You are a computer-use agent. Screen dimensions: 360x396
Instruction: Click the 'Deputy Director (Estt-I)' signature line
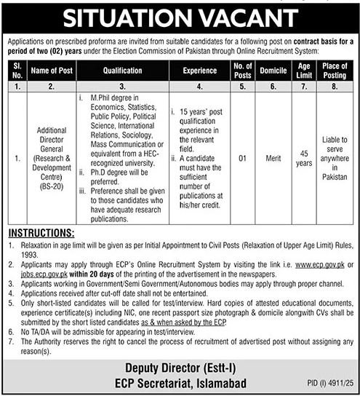click(179, 367)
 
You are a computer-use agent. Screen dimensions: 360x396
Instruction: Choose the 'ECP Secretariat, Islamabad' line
click(179, 382)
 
